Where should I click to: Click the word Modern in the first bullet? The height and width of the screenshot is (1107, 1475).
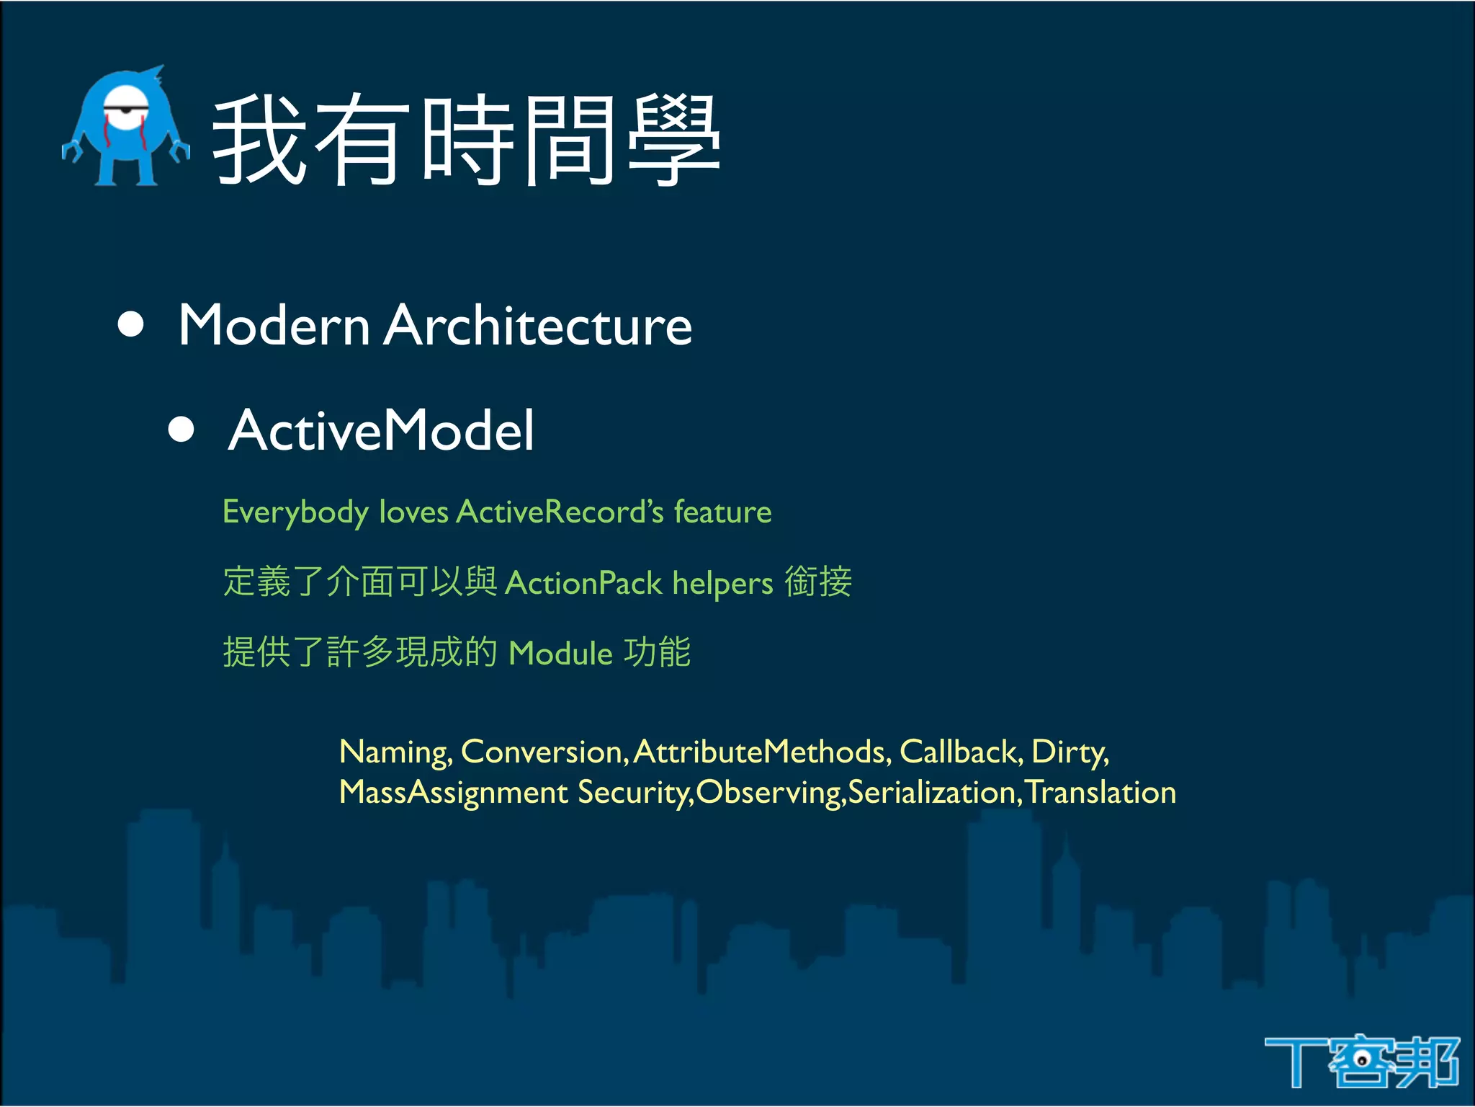pyautogui.click(x=274, y=325)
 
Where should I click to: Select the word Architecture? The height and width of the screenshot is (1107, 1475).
pyautogui.click(x=537, y=325)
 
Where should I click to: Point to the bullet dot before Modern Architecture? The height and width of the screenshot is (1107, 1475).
pyautogui.click(x=130, y=324)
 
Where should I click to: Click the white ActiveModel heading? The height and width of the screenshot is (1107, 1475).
pyautogui.click(x=381, y=430)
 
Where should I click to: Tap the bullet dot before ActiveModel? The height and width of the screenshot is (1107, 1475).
pyautogui.click(x=181, y=430)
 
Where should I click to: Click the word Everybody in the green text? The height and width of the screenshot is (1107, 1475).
pyautogui.click(x=295, y=512)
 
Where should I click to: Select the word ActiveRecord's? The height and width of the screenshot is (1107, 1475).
pyautogui.click(x=560, y=512)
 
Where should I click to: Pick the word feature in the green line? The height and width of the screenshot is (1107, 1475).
pyautogui.click(x=722, y=512)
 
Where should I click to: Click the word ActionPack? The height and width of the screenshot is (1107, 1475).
pyautogui.click(x=583, y=583)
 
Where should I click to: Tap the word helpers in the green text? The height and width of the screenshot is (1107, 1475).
pyautogui.click(x=722, y=583)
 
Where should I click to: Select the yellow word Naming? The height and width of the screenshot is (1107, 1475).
pyautogui.click(x=395, y=752)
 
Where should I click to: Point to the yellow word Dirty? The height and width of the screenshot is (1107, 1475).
pyautogui.click(x=1069, y=752)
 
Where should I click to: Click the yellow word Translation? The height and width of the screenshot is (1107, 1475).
pyautogui.click(x=1100, y=792)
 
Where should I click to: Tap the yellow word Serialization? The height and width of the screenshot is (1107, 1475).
pyautogui.click(x=932, y=792)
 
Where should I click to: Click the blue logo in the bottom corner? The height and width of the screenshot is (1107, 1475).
pyautogui.click(x=1361, y=1061)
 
